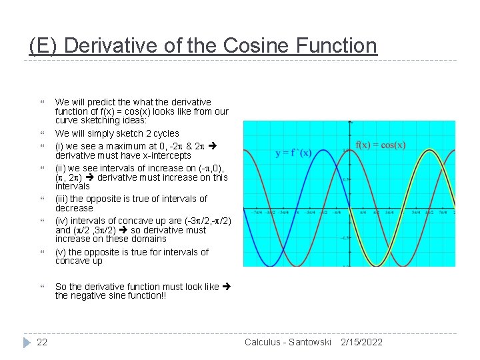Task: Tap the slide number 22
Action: tap(42, 342)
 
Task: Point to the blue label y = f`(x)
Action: tap(293, 153)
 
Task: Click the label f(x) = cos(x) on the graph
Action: tap(381, 145)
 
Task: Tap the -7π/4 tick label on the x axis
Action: tap(257, 212)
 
